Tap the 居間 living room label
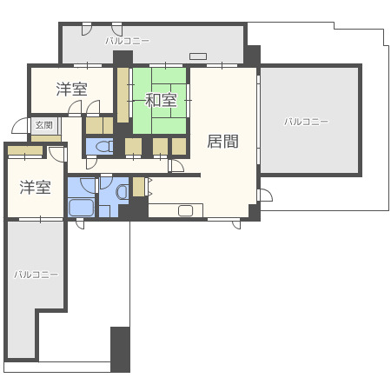pyautogui.click(x=222, y=141)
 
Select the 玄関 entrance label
pyautogui.click(x=43, y=125)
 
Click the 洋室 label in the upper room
pyautogui.click(x=71, y=89)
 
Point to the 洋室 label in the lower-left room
pyautogui.click(x=35, y=187)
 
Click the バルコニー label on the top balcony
pyautogui.click(x=127, y=40)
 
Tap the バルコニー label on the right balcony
pyautogui.click(x=306, y=122)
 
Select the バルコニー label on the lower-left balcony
pyautogui.click(x=36, y=274)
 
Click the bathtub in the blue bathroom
pyautogui.click(x=81, y=208)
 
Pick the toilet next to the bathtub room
pyautogui.click(x=123, y=190)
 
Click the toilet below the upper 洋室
pyautogui.click(x=103, y=146)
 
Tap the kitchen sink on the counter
pyautogui.click(x=186, y=209)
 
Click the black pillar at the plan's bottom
pyautogui.click(x=120, y=348)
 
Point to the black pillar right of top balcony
pyautogui.click(x=252, y=56)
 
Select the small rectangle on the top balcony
pyautogui.click(x=198, y=56)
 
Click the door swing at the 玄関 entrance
pyautogui.click(x=56, y=156)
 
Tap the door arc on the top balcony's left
pyautogui.click(x=87, y=29)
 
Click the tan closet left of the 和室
pyautogui.click(x=123, y=96)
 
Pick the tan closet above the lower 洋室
pyautogui.click(x=25, y=151)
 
